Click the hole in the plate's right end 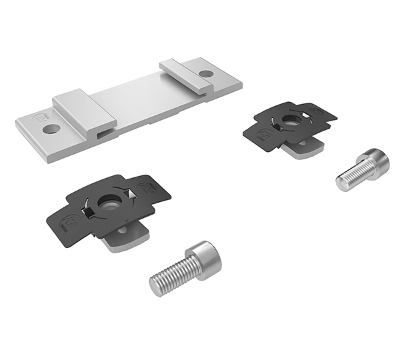[206, 73]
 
